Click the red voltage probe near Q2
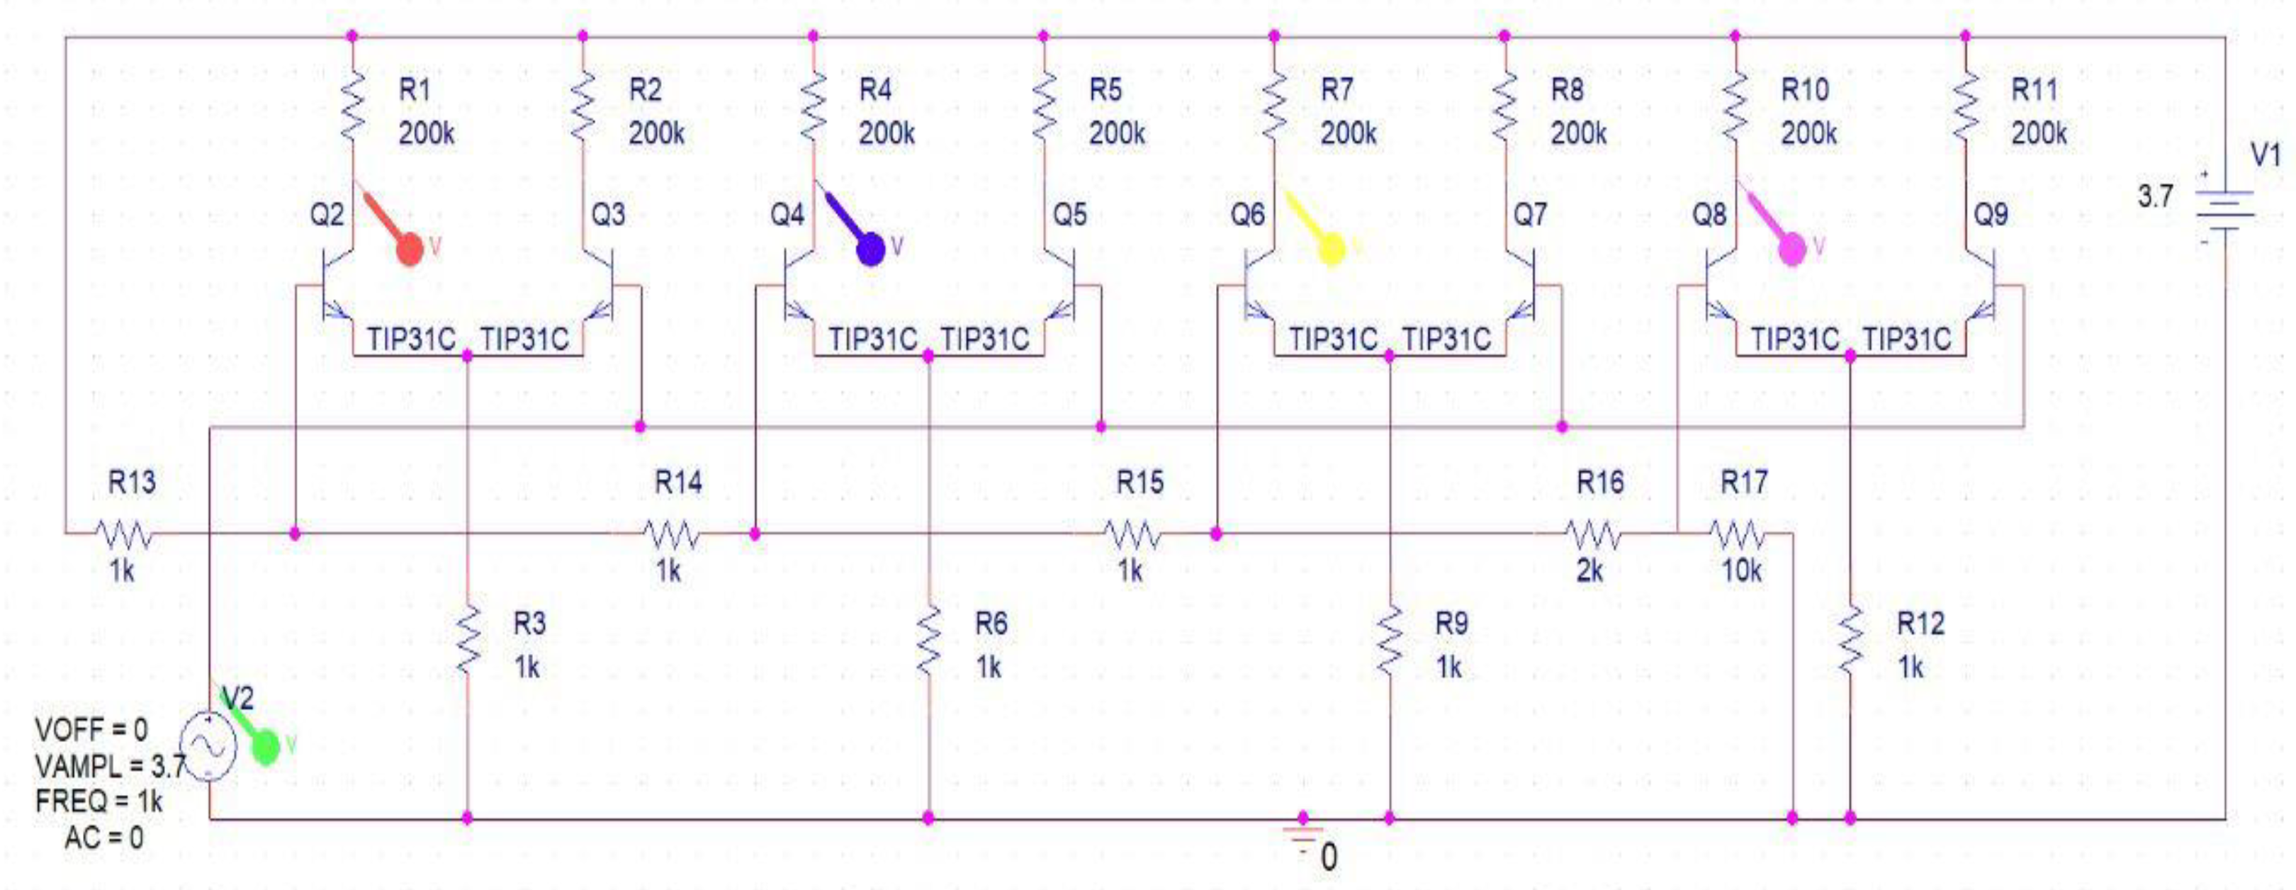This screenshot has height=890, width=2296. point(408,248)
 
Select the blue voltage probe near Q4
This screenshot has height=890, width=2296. point(870,248)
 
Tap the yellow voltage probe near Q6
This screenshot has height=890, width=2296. point(1330,248)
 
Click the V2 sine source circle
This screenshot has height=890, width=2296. point(208,747)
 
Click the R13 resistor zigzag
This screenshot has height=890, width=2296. point(123,534)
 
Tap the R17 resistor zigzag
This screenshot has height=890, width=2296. point(1736,534)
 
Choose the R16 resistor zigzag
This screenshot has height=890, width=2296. point(1593,534)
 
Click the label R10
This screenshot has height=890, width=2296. point(1805,89)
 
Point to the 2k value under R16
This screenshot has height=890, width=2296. point(1589,570)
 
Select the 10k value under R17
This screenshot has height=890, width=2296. point(1740,570)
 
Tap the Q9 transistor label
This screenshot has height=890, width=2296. point(1991,214)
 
